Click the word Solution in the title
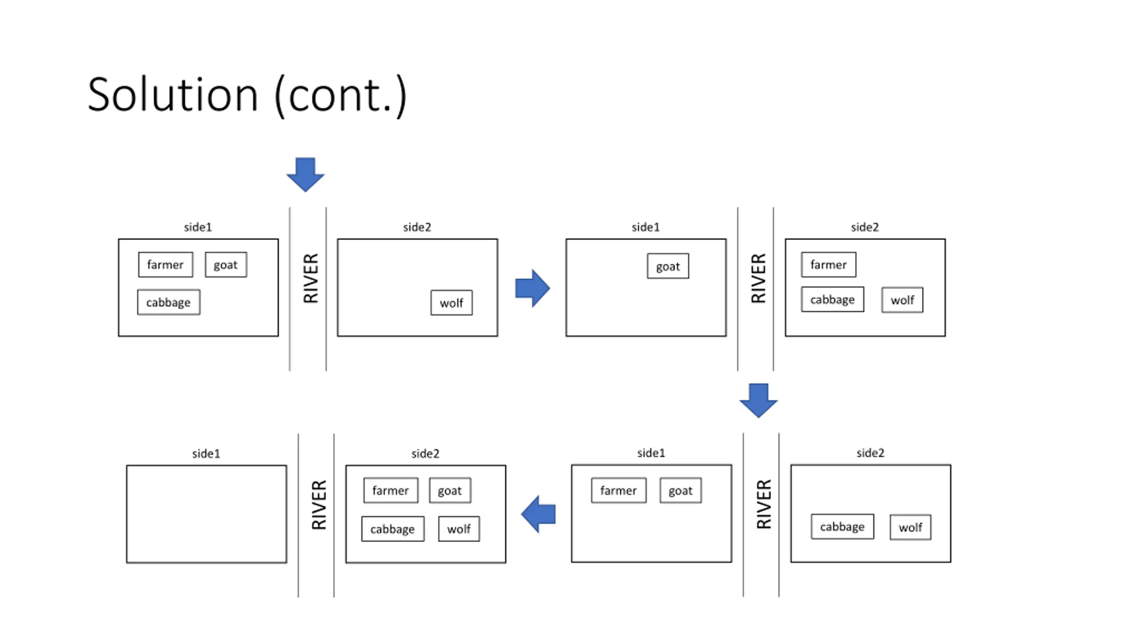point(173,95)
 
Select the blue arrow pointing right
point(533,288)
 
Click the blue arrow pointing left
point(538,514)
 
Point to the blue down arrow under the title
point(306,174)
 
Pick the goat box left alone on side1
point(668,266)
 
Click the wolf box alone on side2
point(451,303)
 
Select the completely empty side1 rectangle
point(207,514)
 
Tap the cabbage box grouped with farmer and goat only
point(169,302)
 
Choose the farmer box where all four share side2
point(391,490)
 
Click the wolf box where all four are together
point(459,529)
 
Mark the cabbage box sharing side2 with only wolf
point(842,527)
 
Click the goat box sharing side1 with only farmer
point(681,490)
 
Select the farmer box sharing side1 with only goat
point(619,490)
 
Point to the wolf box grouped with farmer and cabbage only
point(902,300)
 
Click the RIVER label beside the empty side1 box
point(319,505)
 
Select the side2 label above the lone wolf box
point(417,227)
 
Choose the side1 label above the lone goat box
point(645,227)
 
